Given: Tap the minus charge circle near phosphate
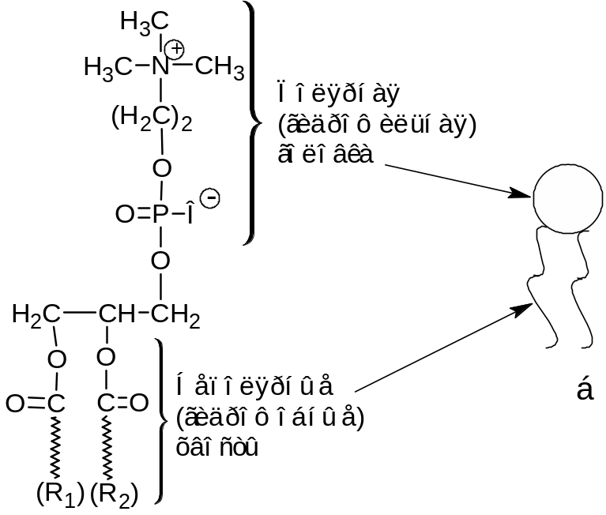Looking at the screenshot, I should coord(209,198).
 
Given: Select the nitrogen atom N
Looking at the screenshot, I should coord(160,67).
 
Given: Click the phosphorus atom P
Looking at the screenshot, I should coord(160,213).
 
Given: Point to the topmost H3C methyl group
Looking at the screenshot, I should coord(141,22).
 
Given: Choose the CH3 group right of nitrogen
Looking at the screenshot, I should coord(220,67).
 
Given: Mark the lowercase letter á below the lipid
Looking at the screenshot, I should coord(585,389).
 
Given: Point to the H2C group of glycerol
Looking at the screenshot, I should coord(36,315).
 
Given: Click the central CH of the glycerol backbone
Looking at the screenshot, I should coord(116,315).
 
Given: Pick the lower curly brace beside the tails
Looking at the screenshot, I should coord(161,420).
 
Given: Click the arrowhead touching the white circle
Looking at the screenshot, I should coord(522,194).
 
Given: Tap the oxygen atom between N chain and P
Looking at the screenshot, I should coord(161,167).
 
